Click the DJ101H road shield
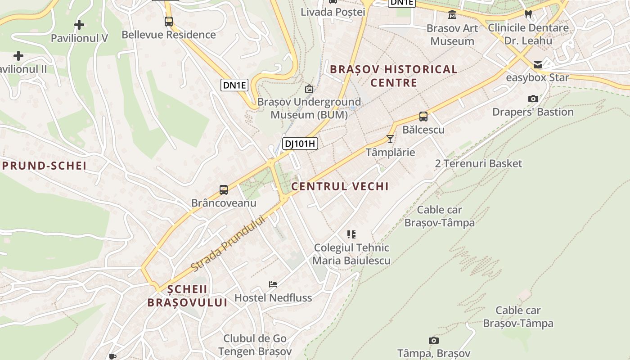tap(300, 144)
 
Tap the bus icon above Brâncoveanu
tap(224, 190)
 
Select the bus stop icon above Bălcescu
tap(423, 117)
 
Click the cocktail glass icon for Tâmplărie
tap(390, 139)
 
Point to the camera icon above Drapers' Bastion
tap(533, 99)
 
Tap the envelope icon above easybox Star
tap(538, 65)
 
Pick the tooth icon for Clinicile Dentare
tap(529, 14)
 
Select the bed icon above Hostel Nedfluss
tap(273, 284)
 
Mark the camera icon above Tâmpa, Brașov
tap(434, 341)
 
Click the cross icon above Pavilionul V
tap(79, 25)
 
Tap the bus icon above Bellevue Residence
tap(169, 21)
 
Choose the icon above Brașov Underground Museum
tap(309, 89)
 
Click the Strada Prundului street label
tap(229, 243)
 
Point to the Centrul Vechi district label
tap(340, 186)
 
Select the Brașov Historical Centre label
tap(394, 76)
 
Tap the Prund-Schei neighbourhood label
tap(45, 166)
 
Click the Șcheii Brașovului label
tap(188, 296)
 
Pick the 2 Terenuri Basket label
tap(478, 163)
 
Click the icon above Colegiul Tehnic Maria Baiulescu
tap(351, 234)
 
